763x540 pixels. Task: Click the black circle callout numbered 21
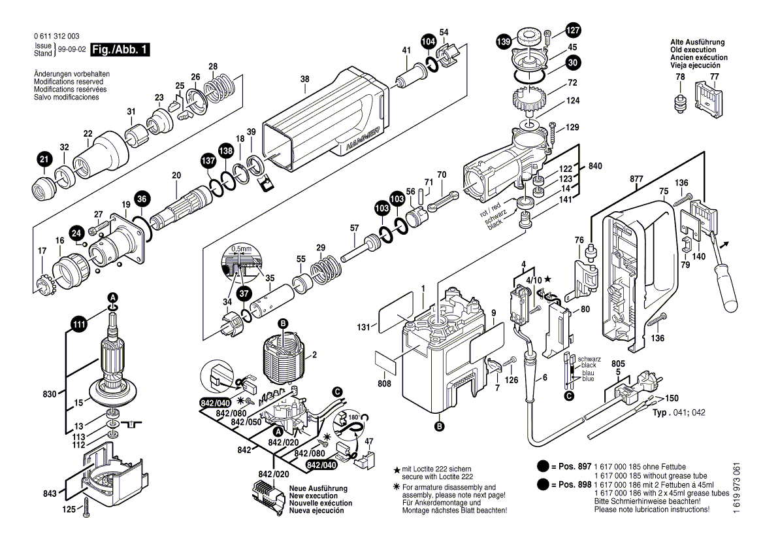pos(44,159)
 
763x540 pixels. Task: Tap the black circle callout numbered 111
pos(79,324)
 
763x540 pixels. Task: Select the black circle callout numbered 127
pos(572,30)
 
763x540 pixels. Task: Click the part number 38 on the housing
pos(304,80)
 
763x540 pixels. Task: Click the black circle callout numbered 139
pos(502,42)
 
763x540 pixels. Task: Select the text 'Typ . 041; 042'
pos(679,413)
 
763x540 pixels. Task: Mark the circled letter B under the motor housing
pos(439,426)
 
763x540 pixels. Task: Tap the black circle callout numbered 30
pos(572,63)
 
